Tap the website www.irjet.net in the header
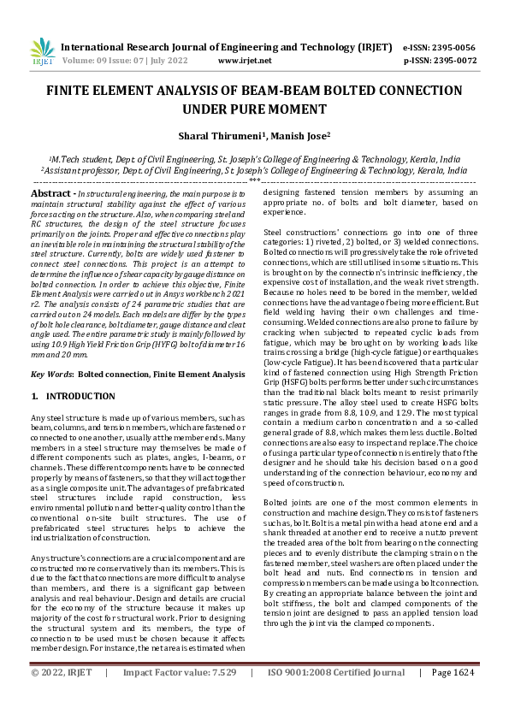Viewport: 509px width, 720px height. [246, 62]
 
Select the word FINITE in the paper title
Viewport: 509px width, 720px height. [68, 91]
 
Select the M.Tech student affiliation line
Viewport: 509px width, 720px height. [254, 158]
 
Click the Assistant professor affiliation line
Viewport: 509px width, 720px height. [254, 170]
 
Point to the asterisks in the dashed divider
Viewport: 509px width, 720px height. [254, 180]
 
